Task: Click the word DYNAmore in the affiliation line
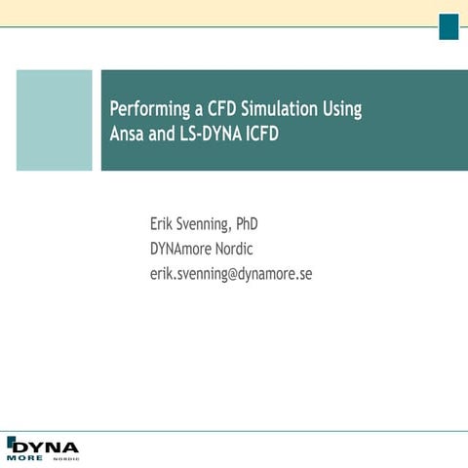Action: coord(181,249)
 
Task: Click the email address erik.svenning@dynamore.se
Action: coord(230,273)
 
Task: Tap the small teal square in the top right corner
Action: coord(448,27)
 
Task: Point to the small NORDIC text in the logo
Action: coord(66,457)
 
